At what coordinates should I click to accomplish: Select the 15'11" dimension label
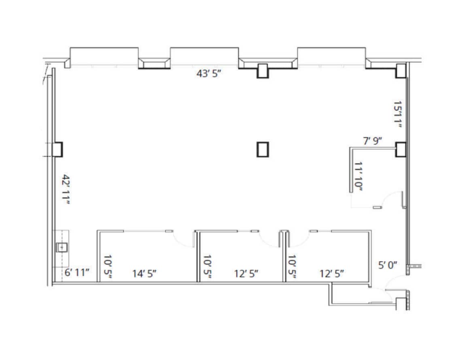click(x=398, y=114)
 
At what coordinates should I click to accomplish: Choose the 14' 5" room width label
click(x=144, y=273)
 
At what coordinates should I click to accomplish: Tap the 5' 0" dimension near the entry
click(x=387, y=265)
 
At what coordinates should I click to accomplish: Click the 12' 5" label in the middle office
click(x=246, y=273)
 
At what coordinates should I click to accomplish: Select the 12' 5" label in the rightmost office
click(x=332, y=273)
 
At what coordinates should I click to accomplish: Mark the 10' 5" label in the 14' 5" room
click(x=107, y=266)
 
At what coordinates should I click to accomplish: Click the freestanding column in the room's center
click(x=263, y=149)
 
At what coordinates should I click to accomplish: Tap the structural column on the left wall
click(x=57, y=149)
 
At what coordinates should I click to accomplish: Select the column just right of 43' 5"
click(x=263, y=70)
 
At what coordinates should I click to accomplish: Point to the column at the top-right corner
click(x=401, y=70)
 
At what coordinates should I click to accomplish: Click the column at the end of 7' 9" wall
click(x=401, y=149)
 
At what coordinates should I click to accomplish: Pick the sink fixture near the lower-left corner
click(x=61, y=247)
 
